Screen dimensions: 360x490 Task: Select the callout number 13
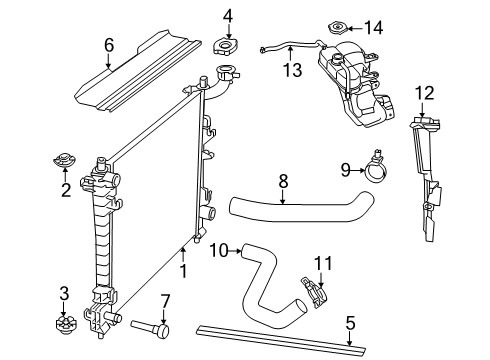pyautogui.click(x=291, y=70)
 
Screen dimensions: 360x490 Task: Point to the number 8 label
pyautogui.click(x=283, y=182)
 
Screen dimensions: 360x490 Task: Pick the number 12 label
pyautogui.click(x=424, y=93)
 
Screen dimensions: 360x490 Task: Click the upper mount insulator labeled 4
pyautogui.click(x=228, y=46)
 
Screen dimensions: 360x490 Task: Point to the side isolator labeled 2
pyautogui.click(x=66, y=160)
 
